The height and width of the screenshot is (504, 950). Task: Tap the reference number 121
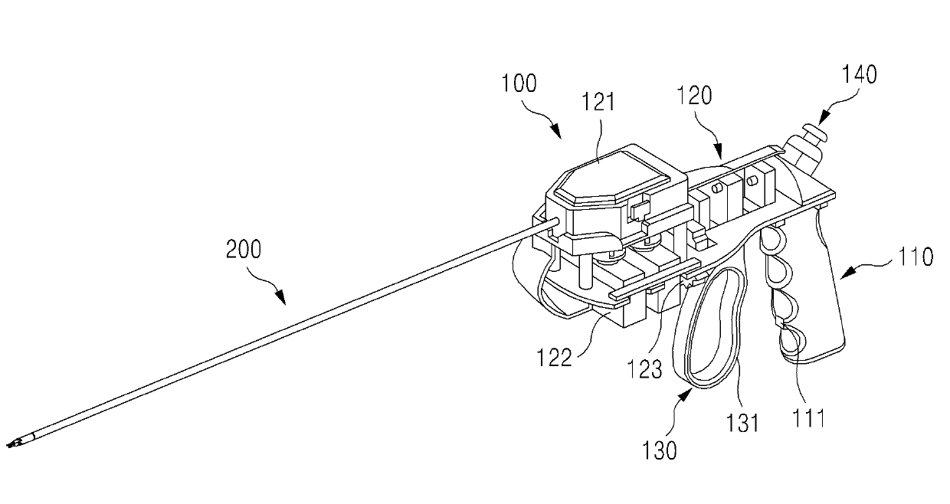pyautogui.click(x=598, y=102)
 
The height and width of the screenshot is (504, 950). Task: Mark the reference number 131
pyautogui.click(x=742, y=421)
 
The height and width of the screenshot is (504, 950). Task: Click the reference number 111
pyautogui.click(x=807, y=417)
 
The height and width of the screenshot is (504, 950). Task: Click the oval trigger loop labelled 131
pyautogui.click(x=713, y=329)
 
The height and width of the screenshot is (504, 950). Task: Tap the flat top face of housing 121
pyautogui.click(x=613, y=176)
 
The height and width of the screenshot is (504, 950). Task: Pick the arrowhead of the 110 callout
pyautogui.click(x=843, y=277)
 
